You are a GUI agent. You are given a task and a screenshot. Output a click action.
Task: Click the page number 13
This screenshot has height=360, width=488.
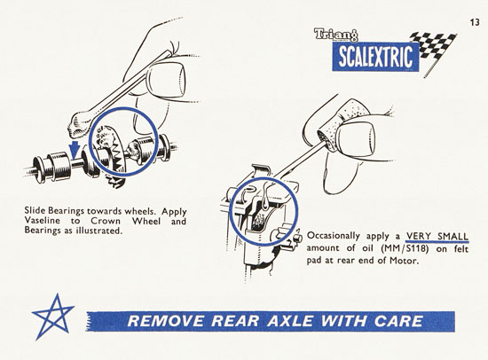[x=475, y=23]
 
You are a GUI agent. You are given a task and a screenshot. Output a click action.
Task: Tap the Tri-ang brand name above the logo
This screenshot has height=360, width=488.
[x=336, y=35]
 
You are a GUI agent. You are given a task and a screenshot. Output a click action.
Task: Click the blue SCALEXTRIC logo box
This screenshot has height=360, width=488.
[x=375, y=57]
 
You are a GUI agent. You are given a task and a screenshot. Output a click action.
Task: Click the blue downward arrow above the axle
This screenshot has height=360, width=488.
[x=74, y=149]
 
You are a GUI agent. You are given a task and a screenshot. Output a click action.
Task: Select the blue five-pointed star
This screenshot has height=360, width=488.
[x=53, y=317]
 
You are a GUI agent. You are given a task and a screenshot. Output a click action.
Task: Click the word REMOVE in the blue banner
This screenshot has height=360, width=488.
[x=166, y=321]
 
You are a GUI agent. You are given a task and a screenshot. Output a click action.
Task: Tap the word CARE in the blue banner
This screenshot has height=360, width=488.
[x=398, y=321]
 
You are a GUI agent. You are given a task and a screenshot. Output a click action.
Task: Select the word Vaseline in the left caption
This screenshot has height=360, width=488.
[x=43, y=221]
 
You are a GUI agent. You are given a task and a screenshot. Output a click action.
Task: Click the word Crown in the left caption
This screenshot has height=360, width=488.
[x=106, y=221]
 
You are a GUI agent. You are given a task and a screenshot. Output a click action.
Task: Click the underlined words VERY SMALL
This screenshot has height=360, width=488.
[x=437, y=236]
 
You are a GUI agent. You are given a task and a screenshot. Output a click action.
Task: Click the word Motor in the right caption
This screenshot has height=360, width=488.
[x=404, y=260]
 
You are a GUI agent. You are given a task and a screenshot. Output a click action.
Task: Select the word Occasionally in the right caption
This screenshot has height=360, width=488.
[x=333, y=236]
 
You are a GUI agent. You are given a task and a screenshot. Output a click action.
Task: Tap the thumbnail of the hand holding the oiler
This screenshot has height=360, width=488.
[x=357, y=138]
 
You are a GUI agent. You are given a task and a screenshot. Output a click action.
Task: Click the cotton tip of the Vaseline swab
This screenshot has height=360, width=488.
[x=79, y=126]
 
